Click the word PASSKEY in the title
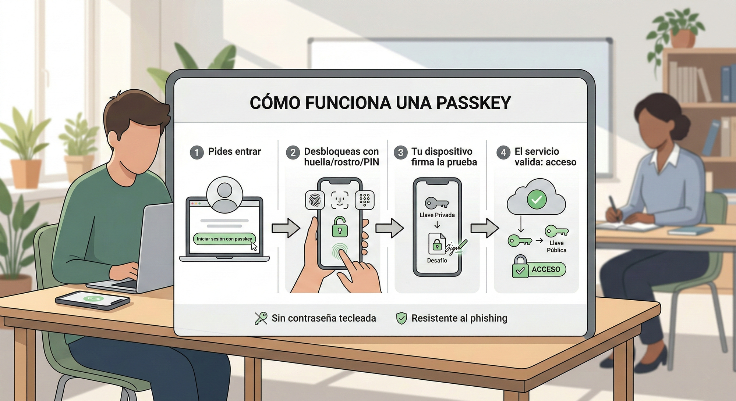pyautogui.click(x=474, y=103)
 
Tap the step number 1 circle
pyautogui.click(x=197, y=153)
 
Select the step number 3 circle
pyautogui.click(x=401, y=153)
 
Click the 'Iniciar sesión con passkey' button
pyautogui.click(x=224, y=239)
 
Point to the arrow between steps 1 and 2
pyautogui.click(x=286, y=228)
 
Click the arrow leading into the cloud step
pyautogui.click(x=485, y=228)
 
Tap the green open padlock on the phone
pyautogui.click(x=340, y=226)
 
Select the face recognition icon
pyautogui.click(x=340, y=200)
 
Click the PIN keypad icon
pyautogui.click(x=365, y=200)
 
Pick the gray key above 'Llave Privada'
pyautogui.click(x=437, y=203)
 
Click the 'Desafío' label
pyautogui.click(x=437, y=260)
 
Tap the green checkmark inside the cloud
pyautogui.click(x=537, y=200)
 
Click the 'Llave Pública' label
pyautogui.click(x=556, y=246)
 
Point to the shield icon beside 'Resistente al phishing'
pyautogui.click(x=401, y=318)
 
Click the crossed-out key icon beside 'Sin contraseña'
pyautogui.click(x=261, y=318)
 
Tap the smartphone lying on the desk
pyautogui.click(x=92, y=300)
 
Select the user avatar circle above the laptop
pyautogui.click(x=224, y=194)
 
